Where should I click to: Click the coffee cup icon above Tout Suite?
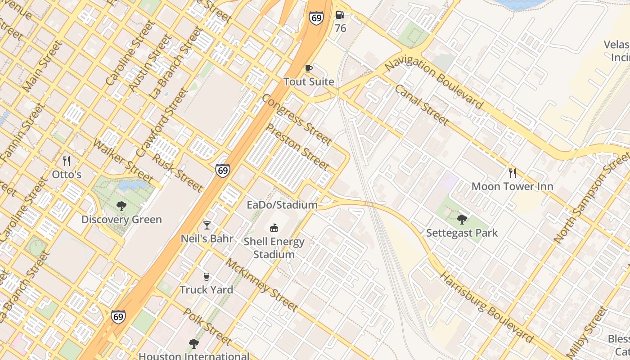pyautogui.click(x=308, y=68)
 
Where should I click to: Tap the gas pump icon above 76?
pyautogui.click(x=340, y=15)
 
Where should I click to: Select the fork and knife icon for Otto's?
pyautogui.click(x=67, y=161)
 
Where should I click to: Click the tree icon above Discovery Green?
pyautogui.click(x=121, y=207)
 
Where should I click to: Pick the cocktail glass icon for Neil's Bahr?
pyautogui.click(x=207, y=225)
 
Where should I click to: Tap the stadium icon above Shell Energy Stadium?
pyautogui.click(x=274, y=228)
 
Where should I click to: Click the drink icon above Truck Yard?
pyautogui.click(x=207, y=276)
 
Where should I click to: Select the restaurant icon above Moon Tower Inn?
pyautogui.click(x=512, y=173)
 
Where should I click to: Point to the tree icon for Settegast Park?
pyautogui.click(x=462, y=220)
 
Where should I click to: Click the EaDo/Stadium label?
pyautogui.click(x=282, y=205)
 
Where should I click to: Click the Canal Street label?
pyautogui.click(x=422, y=105)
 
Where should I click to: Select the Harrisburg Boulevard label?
pyautogui.click(x=486, y=307)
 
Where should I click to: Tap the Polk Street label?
pyautogui.click(x=207, y=326)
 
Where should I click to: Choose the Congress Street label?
pyautogui.click(x=297, y=120)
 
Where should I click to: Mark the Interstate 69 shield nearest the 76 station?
pyautogui.click(x=316, y=18)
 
